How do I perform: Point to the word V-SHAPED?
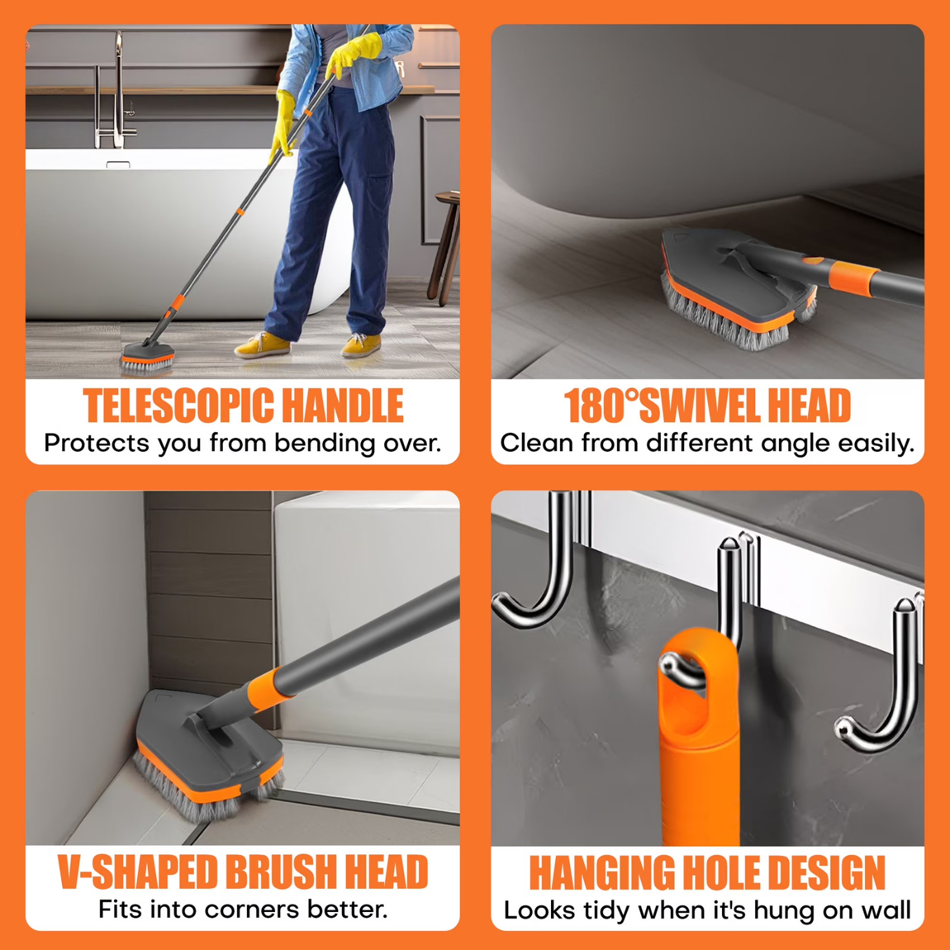[138, 872]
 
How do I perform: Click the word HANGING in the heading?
[601, 873]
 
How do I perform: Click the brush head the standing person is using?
[147, 358]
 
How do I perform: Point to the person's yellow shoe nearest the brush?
[262, 346]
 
